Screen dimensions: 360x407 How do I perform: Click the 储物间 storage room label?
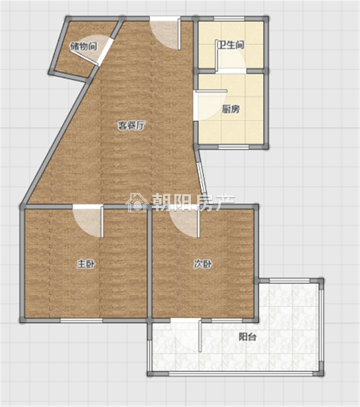[83, 46]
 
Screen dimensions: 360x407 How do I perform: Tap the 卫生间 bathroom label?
[230, 45]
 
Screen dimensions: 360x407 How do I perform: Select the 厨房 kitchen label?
[230, 109]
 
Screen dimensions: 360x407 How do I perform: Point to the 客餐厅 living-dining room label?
[131, 125]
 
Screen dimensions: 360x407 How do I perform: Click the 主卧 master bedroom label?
[86, 264]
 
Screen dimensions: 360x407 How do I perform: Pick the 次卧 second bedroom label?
[203, 264]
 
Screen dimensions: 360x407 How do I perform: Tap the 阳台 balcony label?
[247, 337]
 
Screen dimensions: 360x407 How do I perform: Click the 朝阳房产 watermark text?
[193, 202]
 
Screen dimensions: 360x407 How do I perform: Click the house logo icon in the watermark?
[137, 202]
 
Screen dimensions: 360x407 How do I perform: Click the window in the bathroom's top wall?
[229, 18]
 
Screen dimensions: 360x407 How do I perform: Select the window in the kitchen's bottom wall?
[233, 147]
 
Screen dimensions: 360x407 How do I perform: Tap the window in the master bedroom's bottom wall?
[81, 320]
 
